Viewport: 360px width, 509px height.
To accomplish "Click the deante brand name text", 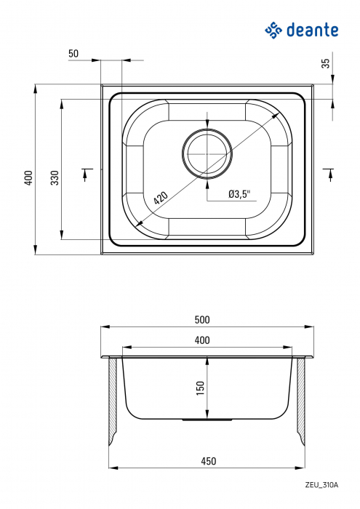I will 312,30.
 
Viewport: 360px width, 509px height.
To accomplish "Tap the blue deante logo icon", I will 273,29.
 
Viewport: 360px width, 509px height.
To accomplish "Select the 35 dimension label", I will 325,63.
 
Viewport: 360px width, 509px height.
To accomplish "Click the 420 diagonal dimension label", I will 160,197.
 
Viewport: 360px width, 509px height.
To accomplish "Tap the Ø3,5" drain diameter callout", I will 239,194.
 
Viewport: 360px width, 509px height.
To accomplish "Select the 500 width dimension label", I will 202,319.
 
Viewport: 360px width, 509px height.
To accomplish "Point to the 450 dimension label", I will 207,461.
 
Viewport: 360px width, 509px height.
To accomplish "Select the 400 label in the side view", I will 202,340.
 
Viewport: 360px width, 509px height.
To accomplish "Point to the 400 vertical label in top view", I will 28,177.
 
